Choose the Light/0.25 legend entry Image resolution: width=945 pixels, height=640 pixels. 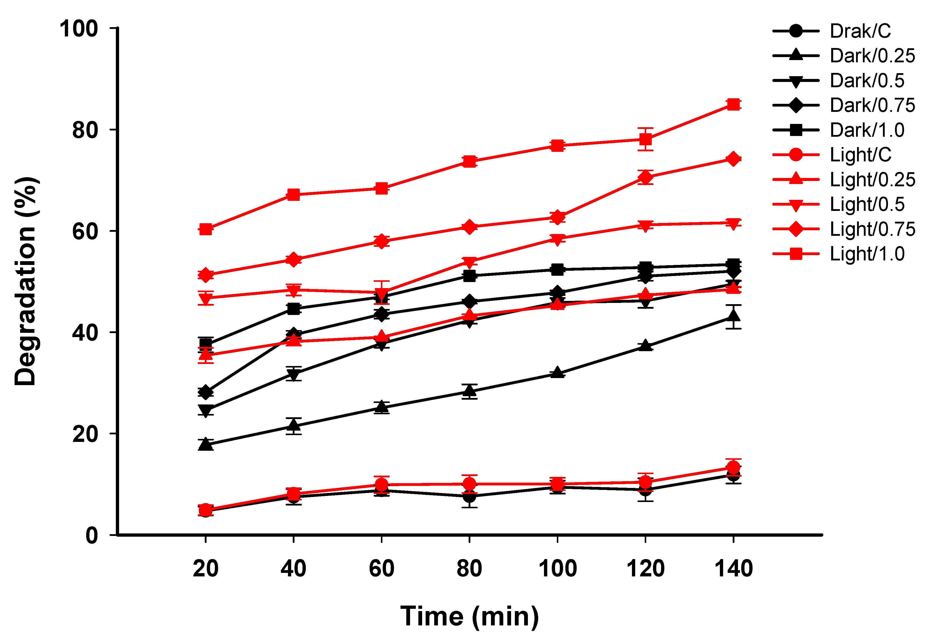click(872, 180)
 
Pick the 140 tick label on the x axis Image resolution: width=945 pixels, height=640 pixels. click(733, 568)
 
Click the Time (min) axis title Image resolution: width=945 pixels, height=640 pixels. click(469, 616)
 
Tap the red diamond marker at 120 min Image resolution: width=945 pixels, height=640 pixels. click(645, 177)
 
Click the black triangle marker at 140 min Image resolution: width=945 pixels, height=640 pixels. click(733, 315)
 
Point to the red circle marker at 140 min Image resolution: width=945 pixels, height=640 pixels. click(733, 467)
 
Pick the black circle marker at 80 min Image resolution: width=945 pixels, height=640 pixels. click(469, 496)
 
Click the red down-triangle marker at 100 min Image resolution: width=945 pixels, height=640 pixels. click(557, 239)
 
